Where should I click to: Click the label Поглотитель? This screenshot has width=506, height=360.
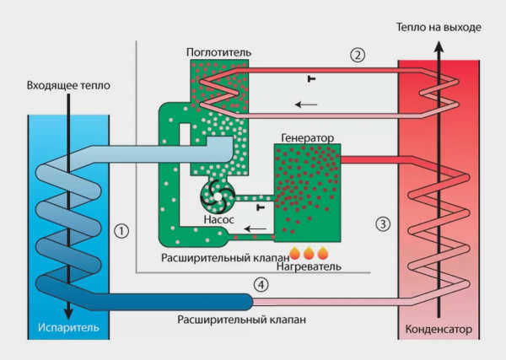(218, 52)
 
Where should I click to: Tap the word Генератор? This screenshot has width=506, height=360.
(308, 138)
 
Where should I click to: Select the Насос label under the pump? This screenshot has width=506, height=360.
(218, 220)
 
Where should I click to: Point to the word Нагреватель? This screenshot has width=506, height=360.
(309, 266)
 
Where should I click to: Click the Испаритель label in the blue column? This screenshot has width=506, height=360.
(68, 327)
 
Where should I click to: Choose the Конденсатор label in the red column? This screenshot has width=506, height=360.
(439, 330)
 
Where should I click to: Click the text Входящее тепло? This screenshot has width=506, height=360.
(68, 85)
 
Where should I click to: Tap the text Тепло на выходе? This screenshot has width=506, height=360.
(439, 28)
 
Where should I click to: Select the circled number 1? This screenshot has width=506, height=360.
(121, 231)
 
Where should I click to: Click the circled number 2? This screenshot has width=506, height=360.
(358, 55)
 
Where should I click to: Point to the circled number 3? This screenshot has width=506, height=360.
(383, 223)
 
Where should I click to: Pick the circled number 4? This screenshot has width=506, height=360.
(261, 284)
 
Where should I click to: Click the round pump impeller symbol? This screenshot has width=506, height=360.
(218, 196)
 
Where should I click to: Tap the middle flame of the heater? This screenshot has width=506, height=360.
(309, 254)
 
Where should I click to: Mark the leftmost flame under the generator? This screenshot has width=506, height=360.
(294, 254)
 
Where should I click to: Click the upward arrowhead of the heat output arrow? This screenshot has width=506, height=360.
(439, 47)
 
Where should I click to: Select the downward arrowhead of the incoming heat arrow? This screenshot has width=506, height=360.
(68, 314)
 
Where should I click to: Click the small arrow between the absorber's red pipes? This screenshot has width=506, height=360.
(306, 105)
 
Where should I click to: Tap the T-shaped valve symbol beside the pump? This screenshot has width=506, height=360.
(261, 207)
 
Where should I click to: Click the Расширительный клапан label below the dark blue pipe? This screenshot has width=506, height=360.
(242, 320)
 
